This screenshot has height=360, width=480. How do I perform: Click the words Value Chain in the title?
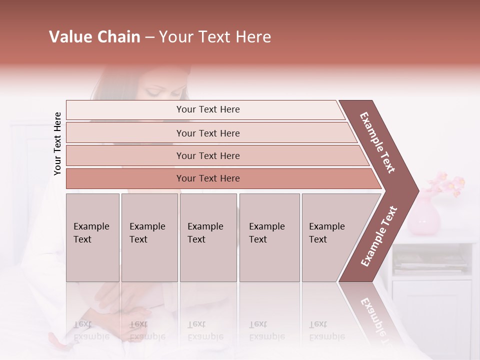(x=94, y=37)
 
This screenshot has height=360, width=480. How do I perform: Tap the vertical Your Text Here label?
(x=57, y=143)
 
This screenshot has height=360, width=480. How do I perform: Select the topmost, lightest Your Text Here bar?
(x=207, y=109)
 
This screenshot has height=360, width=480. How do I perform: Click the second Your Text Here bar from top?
(x=207, y=133)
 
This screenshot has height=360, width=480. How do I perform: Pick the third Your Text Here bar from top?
(x=207, y=155)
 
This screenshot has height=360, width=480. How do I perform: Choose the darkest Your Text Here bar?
(x=207, y=178)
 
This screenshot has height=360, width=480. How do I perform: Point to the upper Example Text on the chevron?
(x=378, y=142)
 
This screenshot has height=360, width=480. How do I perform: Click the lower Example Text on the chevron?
(x=379, y=236)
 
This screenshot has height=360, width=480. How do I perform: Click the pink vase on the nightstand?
(x=423, y=215)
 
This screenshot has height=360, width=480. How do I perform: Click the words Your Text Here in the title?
(x=215, y=37)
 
